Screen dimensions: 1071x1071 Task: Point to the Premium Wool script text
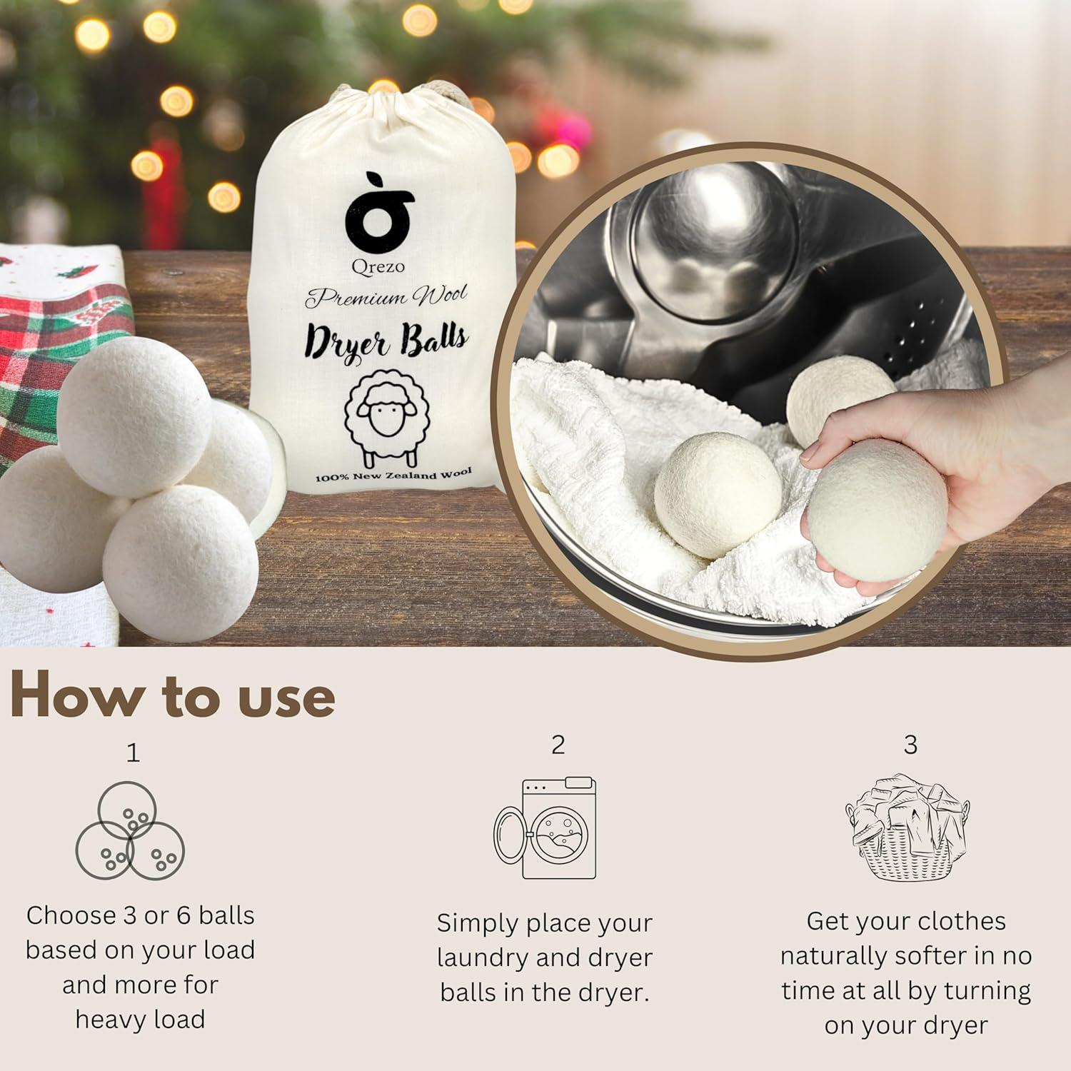click(x=386, y=296)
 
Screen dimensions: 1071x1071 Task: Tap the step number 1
click(x=133, y=753)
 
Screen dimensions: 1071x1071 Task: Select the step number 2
click(x=558, y=745)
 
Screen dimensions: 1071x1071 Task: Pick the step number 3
click(x=910, y=745)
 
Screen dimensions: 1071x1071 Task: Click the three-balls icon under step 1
click(x=131, y=833)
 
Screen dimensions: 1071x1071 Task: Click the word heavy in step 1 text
click(x=108, y=1019)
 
